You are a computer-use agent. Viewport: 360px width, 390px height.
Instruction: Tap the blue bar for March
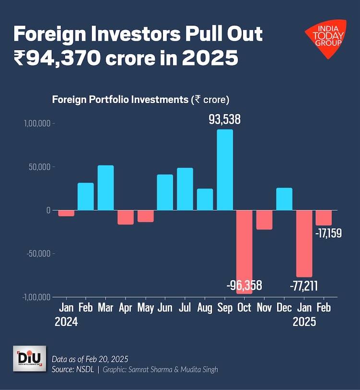106,188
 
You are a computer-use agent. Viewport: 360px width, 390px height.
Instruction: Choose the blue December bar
284,199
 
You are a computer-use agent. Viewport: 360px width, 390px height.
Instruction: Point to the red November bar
264,219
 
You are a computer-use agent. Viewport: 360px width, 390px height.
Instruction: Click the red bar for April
126,217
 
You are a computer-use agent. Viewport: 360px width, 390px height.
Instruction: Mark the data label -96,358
244,286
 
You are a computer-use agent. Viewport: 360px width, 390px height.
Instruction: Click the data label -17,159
328,235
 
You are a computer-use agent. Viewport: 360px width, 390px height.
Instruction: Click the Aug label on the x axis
205,308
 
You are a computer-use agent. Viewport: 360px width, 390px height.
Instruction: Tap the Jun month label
165,308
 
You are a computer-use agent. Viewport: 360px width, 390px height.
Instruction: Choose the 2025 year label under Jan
304,322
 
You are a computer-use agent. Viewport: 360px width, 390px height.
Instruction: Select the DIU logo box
29,358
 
